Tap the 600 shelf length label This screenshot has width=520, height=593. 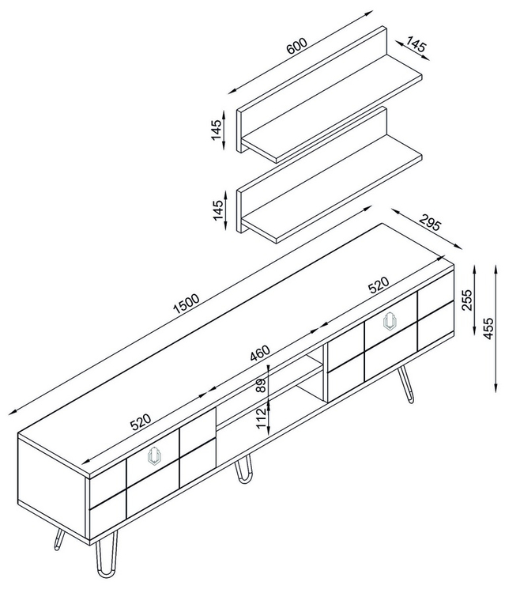[x=296, y=46]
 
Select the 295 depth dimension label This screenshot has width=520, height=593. [x=430, y=223]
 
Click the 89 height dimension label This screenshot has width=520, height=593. [x=261, y=386]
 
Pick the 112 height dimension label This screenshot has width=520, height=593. [x=261, y=418]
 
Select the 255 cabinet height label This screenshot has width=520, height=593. [x=467, y=300]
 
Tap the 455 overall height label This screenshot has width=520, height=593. [x=488, y=328]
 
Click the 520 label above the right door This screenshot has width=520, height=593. [x=379, y=285]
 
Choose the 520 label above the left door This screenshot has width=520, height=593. [x=141, y=422]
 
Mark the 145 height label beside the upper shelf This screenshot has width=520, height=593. [x=217, y=130]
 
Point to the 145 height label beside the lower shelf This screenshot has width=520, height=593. [x=217, y=210]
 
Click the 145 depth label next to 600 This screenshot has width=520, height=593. [x=416, y=43]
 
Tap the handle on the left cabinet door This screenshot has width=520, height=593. [x=154, y=455]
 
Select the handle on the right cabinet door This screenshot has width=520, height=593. [x=390, y=322]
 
